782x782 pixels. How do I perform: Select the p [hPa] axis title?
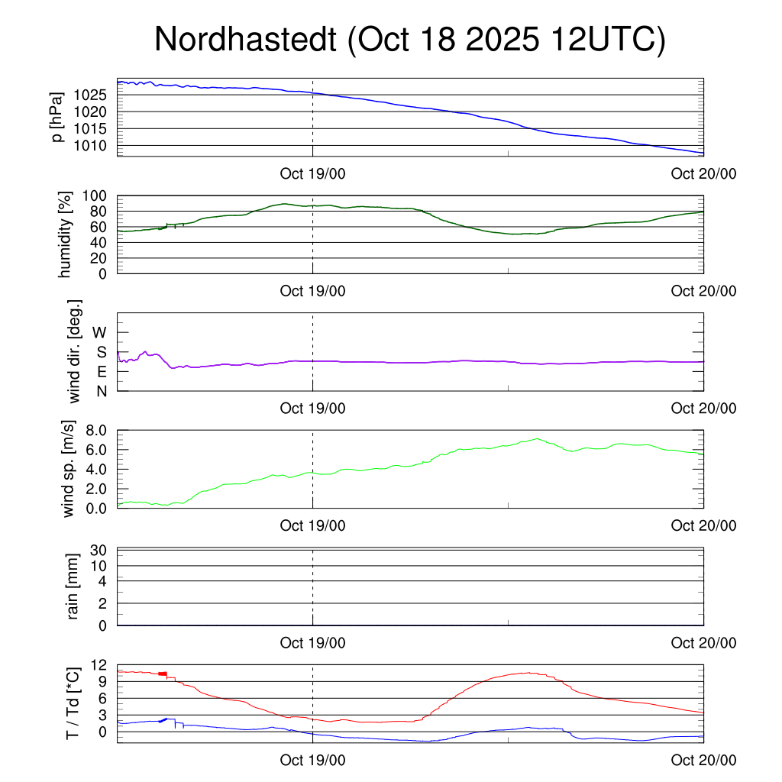click(x=57, y=117)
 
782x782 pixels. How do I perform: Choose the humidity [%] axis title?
click(x=66, y=234)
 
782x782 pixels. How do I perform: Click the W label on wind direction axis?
click(x=100, y=332)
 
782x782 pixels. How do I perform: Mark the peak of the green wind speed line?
click(x=538, y=438)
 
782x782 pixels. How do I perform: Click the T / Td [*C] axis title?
click(x=73, y=703)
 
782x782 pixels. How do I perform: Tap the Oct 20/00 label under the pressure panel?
click(x=703, y=173)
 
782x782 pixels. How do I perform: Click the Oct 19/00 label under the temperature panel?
click(x=312, y=760)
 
